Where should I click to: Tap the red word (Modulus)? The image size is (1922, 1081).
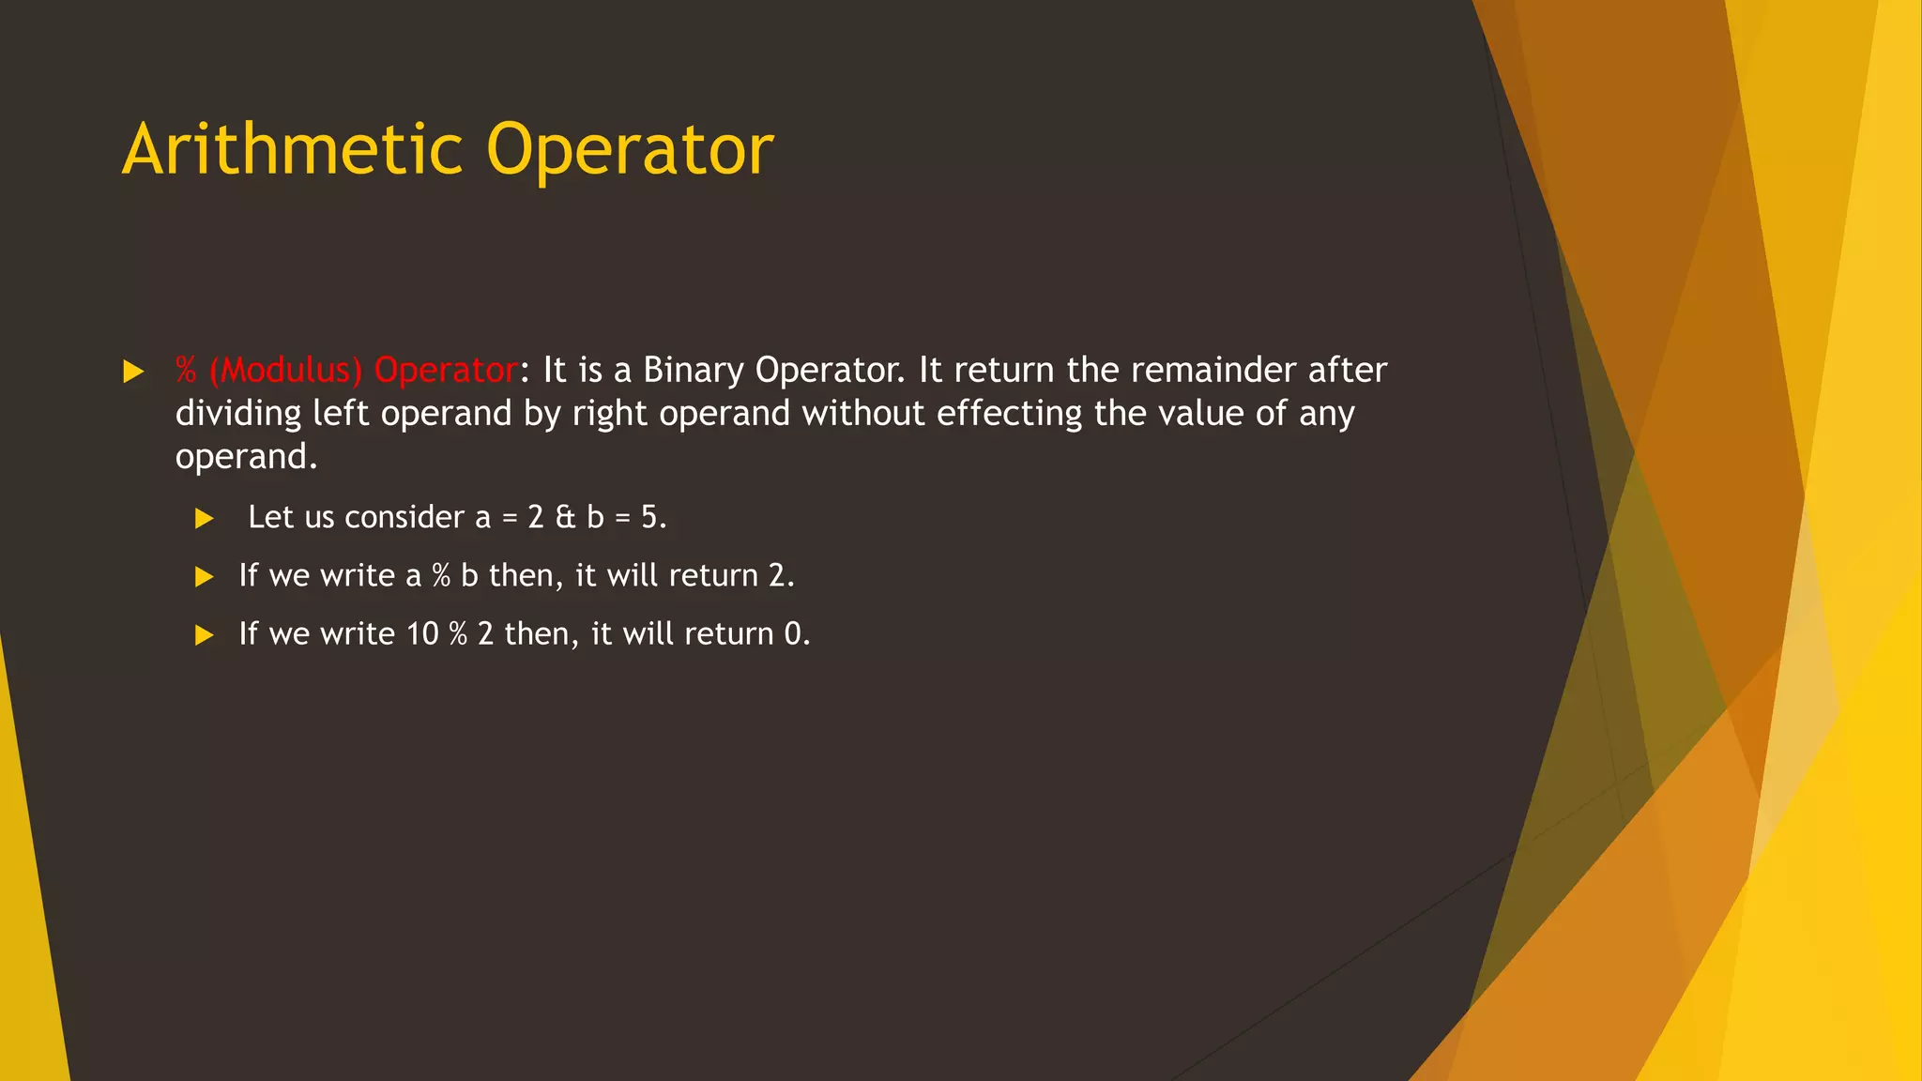(285, 371)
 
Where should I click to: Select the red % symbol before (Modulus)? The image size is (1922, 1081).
(186, 371)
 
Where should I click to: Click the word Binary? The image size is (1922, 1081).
(694, 371)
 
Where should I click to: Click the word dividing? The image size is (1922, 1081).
(238, 414)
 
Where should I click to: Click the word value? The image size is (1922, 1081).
(1203, 414)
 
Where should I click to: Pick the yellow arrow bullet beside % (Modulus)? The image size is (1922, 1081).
(133, 373)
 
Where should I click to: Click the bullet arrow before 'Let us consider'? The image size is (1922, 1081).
(205, 519)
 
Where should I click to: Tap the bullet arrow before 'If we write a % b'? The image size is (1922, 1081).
(205, 577)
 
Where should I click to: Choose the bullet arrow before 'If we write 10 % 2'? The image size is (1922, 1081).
(205, 636)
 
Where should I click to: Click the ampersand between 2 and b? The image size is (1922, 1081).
(565, 518)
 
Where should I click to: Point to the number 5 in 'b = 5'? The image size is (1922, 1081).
(649, 518)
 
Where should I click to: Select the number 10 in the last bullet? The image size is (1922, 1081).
(422, 634)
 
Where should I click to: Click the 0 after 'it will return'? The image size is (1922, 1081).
(793, 634)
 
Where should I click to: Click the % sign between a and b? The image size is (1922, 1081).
(441, 576)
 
